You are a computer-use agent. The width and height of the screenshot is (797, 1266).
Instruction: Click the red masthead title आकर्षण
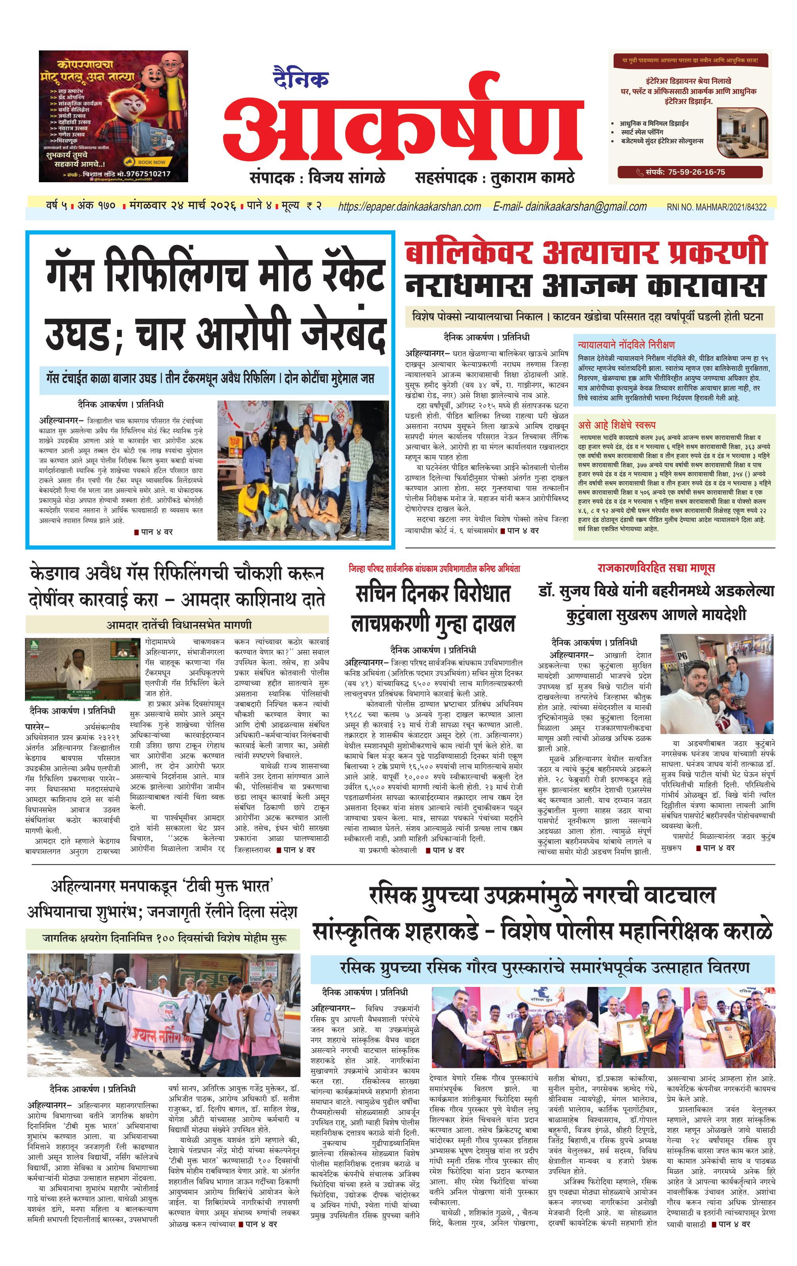pos(403,126)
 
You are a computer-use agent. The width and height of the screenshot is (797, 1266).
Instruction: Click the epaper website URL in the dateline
pos(410,206)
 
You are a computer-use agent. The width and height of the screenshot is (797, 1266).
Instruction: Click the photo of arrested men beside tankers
pos(303,470)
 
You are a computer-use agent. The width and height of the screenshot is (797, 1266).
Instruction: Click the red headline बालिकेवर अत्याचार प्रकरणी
pos(585,253)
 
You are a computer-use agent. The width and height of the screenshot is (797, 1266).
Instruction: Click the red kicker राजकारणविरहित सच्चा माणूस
pos(656,568)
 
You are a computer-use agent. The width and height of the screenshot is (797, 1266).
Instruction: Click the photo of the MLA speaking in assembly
pos(75,669)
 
